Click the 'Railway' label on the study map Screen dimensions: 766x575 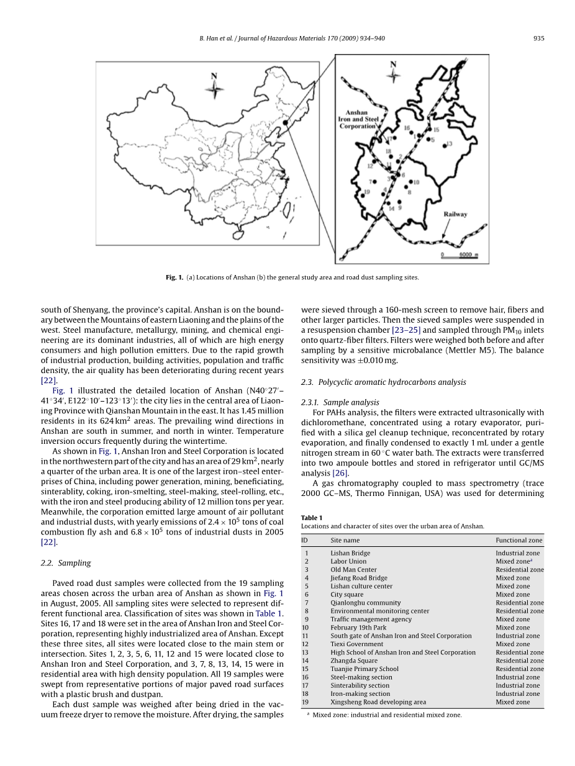click(455, 215)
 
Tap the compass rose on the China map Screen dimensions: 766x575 click(214, 89)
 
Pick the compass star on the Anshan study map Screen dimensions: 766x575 click(393, 76)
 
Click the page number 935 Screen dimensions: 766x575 click(538, 38)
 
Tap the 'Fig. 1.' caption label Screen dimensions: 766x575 click(174, 277)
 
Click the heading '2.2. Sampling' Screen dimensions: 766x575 click(66, 563)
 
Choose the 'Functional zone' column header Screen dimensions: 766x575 click(518, 540)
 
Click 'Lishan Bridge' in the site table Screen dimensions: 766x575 click(350, 553)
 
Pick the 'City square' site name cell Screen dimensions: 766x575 click(346, 594)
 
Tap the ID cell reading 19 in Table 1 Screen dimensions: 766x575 click(305, 702)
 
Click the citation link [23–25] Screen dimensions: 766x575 click(406, 330)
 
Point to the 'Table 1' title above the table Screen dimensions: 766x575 click(312, 517)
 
